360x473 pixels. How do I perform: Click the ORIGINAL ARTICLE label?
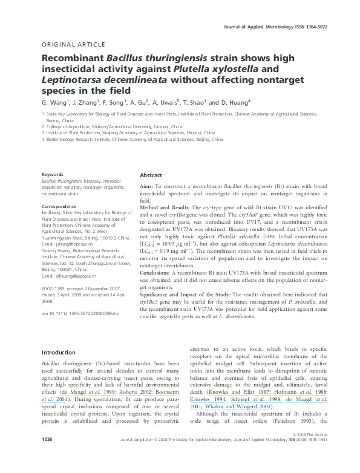click(67, 45)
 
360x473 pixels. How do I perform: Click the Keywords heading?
click(52, 174)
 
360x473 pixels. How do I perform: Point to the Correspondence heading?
click(60, 206)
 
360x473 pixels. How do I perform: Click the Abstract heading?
click(151, 174)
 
